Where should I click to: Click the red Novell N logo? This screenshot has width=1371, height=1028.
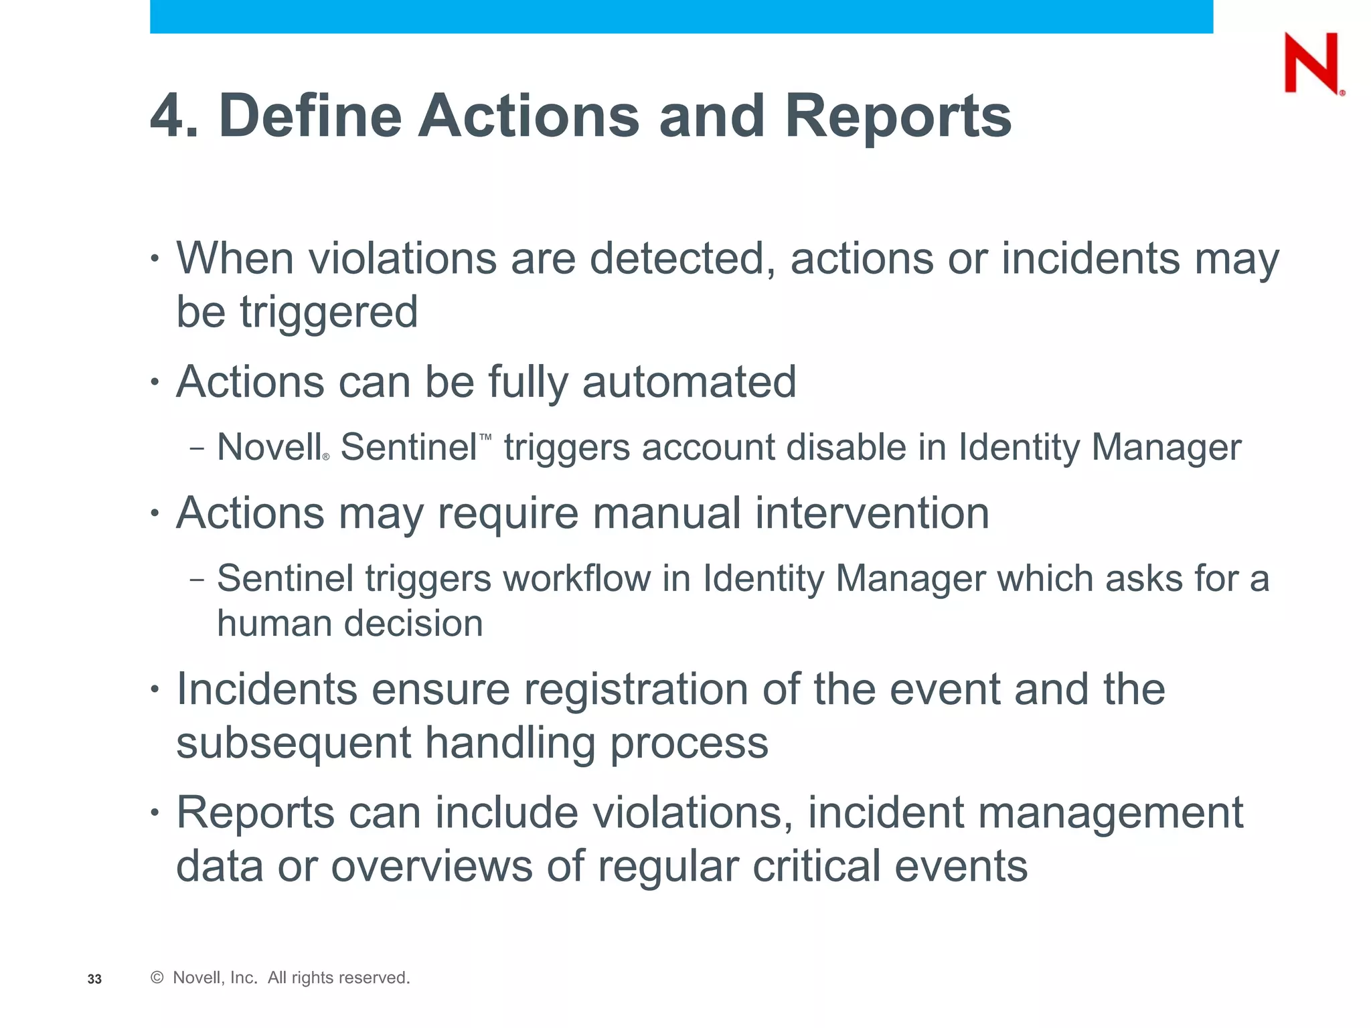tap(1311, 64)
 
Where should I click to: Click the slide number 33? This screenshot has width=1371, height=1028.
tap(94, 979)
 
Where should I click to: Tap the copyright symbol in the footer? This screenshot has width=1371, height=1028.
tap(157, 978)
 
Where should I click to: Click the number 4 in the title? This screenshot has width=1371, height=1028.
tap(167, 116)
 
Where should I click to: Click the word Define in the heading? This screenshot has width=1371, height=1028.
tap(310, 116)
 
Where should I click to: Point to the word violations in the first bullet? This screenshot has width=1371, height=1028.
tap(402, 258)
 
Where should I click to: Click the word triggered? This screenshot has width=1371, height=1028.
tap(329, 313)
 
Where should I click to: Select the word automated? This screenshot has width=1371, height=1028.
tap(689, 382)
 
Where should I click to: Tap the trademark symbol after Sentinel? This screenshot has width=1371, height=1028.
tap(485, 436)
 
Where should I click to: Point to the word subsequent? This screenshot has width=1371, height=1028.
tap(293, 744)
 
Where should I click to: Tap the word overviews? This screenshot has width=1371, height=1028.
tap(432, 866)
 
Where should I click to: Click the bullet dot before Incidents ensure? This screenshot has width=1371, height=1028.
tap(155, 689)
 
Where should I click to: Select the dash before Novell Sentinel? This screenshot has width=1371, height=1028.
tap(196, 448)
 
